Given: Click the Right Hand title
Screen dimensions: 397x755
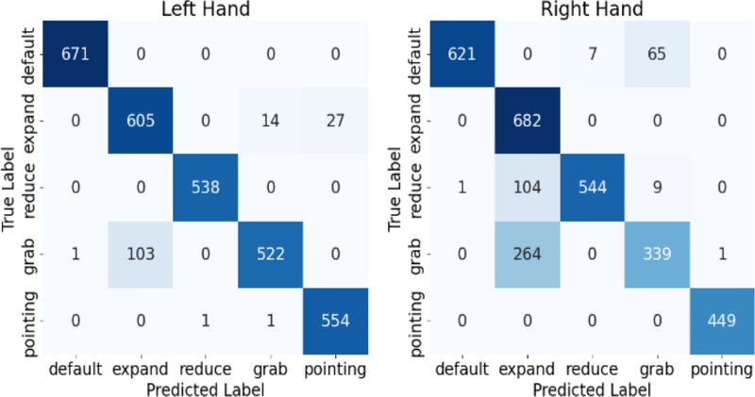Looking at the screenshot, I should pyautogui.click(x=592, y=10).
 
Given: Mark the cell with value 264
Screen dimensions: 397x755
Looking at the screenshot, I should pyautogui.click(x=528, y=254).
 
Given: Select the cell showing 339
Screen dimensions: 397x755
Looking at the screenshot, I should pyautogui.click(x=657, y=254).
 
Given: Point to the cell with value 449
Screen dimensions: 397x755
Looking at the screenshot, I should pyautogui.click(x=721, y=321).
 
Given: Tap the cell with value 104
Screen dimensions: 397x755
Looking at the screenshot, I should pyautogui.click(x=528, y=186).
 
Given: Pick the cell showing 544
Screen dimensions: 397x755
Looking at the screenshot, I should pyautogui.click(x=592, y=186).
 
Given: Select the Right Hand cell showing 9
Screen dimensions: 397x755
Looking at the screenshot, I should pyautogui.click(x=657, y=186).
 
